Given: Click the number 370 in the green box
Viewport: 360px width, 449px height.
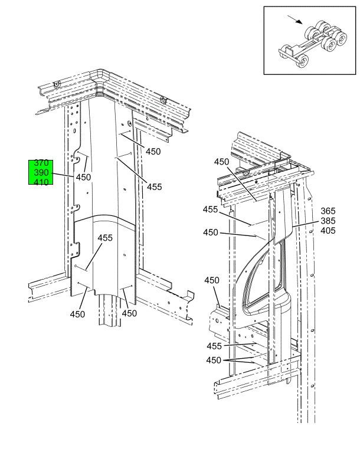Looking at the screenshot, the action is point(41,163).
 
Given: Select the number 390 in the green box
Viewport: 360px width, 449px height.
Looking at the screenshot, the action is point(41,173).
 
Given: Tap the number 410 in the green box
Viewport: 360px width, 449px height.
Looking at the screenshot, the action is point(41,182).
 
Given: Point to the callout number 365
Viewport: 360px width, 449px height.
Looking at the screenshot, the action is point(328,211).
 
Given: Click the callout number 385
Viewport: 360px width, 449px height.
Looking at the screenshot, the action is point(328,221).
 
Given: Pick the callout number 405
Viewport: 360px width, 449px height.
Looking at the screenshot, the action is point(328,231).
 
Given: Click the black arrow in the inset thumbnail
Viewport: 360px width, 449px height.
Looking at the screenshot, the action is point(295,19).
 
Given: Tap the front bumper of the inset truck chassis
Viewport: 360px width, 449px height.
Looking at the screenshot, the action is point(286,54).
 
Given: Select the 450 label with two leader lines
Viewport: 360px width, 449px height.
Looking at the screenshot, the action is point(214,360).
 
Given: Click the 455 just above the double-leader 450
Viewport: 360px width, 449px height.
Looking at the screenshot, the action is point(214,346).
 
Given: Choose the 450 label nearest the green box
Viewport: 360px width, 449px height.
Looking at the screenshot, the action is point(83,177).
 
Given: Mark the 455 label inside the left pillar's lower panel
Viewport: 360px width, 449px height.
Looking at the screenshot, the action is point(105,238).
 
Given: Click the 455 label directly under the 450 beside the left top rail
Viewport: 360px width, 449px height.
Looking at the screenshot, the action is point(155,187).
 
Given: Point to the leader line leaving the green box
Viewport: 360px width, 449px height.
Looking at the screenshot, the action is point(63,175).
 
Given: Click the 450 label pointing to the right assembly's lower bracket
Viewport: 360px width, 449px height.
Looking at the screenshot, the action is point(212,280).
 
